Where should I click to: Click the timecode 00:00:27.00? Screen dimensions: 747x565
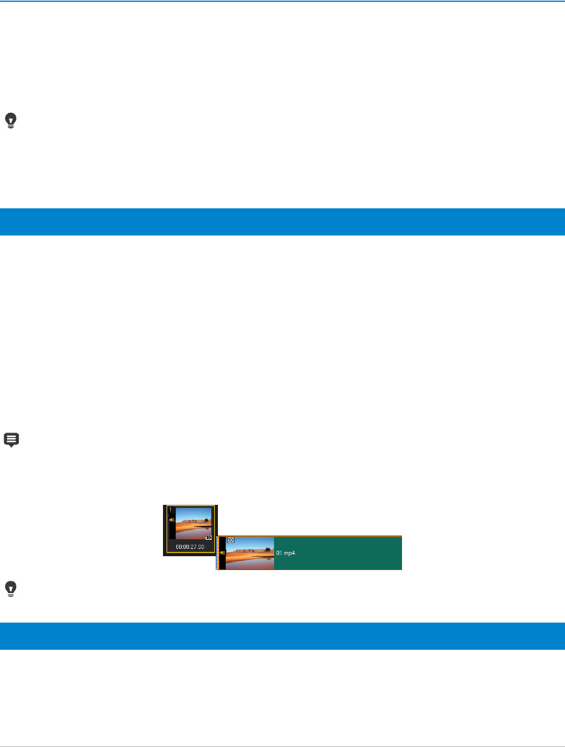point(190,547)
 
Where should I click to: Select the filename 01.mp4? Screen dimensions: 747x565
point(286,553)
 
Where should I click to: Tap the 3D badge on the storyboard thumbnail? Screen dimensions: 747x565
point(208,537)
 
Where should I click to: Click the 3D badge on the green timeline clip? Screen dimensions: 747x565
point(230,540)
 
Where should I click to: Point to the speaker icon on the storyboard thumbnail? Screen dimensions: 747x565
point(172,519)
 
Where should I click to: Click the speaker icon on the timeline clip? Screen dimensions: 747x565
point(222,552)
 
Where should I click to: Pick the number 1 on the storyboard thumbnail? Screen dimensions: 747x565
point(170,510)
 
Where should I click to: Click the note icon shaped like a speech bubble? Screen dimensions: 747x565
point(11,440)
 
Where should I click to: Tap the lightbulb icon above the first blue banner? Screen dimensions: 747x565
point(11,121)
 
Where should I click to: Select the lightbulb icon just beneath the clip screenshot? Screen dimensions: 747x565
point(11,589)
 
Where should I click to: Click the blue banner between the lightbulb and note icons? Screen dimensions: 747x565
point(282,222)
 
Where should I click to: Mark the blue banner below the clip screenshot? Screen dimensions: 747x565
point(282,636)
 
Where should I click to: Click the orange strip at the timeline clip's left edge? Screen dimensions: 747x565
point(217,553)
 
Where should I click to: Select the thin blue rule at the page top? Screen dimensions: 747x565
point(282,1)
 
